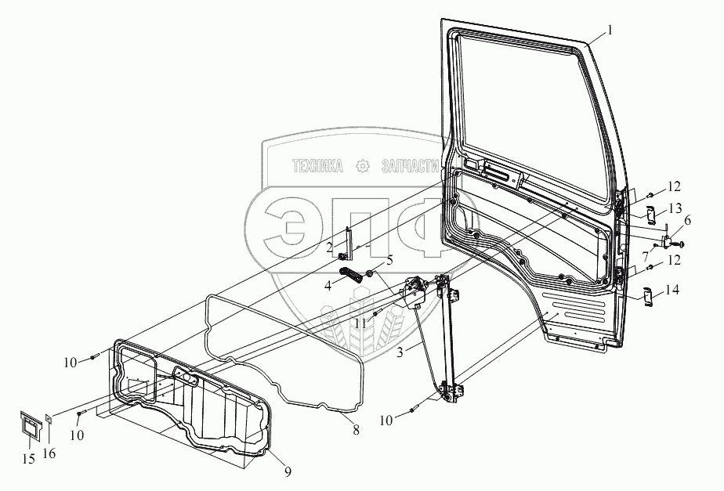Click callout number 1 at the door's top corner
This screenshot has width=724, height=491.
(x=611, y=33)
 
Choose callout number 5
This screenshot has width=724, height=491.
(x=389, y=261)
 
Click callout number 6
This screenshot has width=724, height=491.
(x=688, y=222)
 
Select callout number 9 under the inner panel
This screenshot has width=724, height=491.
(x=288, y=471)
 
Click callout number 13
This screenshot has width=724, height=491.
(x=674, y=208)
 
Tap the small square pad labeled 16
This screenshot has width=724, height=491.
(x=49, y=419)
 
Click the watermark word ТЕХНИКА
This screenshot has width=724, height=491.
(x=317, y=167)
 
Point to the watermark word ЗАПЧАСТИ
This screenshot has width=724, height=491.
(x=407, y=167)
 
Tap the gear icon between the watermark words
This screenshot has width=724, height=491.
(x=363, y=166)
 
